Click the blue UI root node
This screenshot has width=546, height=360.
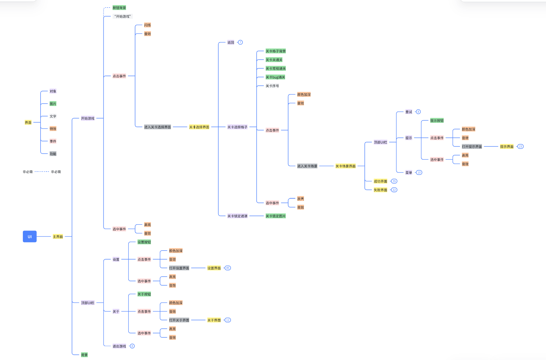pos(30,236)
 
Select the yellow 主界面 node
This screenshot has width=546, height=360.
pos(58,237)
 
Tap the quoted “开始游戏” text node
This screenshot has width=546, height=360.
pos(122,17)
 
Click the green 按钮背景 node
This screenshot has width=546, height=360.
pos(119,8)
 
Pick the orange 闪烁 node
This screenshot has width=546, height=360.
pos(147,25)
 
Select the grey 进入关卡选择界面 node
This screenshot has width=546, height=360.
pos(157,127)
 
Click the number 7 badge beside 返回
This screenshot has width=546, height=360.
pos(240,42)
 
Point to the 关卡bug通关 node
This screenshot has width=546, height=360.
pos(275,77)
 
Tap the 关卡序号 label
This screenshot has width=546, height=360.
pos(272,86)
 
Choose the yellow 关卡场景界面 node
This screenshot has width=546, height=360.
pos(345,166)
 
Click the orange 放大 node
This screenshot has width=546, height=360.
pos(301,199)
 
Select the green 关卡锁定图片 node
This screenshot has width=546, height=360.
pos(276,216)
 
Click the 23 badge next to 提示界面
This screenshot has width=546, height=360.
pos(520,147)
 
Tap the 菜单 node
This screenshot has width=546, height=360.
pos(408,173)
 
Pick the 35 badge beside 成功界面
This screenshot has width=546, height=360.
pos(394,181)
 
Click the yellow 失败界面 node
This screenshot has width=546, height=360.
pos(380,190)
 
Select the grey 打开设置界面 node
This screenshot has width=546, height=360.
pos(179,268)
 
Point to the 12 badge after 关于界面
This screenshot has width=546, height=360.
pos(228,320)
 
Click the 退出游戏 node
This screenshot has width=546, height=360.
pos(119,346)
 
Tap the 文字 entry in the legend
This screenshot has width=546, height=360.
pos(53,116)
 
